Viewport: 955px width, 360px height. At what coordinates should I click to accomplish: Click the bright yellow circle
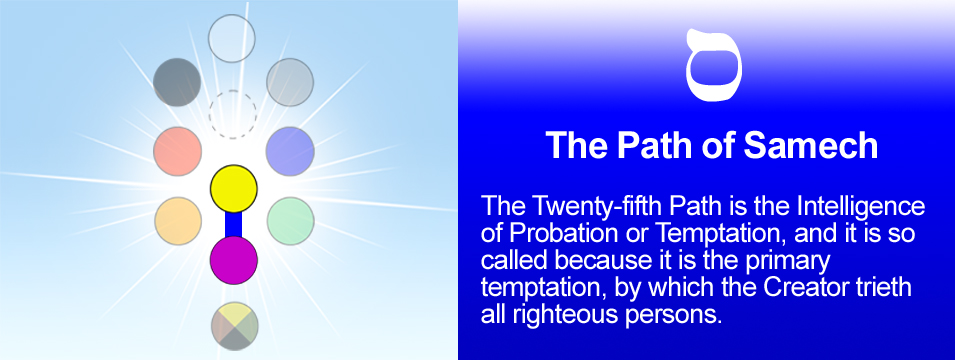click(x=234, y=189)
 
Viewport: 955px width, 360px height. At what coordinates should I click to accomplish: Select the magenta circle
click(x=234, y=260)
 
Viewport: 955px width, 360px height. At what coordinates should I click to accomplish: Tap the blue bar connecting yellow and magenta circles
click(x=234, y=224)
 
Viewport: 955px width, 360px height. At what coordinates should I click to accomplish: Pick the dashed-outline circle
click(x=233, y=115)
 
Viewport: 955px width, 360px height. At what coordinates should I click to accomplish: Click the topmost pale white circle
click(x=231, y=38)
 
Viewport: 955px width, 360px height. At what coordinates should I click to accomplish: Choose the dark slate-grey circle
click(x=177, y=82)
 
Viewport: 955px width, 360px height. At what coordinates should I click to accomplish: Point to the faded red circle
click(x=178, y=151)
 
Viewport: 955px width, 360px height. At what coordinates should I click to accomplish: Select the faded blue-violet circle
click(x=291, y=151)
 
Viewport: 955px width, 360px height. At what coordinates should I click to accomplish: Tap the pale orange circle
click(x=178, y=221)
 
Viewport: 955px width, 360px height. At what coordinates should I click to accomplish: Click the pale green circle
click(x=291, y=221)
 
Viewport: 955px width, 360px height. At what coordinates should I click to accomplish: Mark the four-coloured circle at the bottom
click(x=235, y=326)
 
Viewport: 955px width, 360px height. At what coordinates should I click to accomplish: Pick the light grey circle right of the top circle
click(x=290, y=82)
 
